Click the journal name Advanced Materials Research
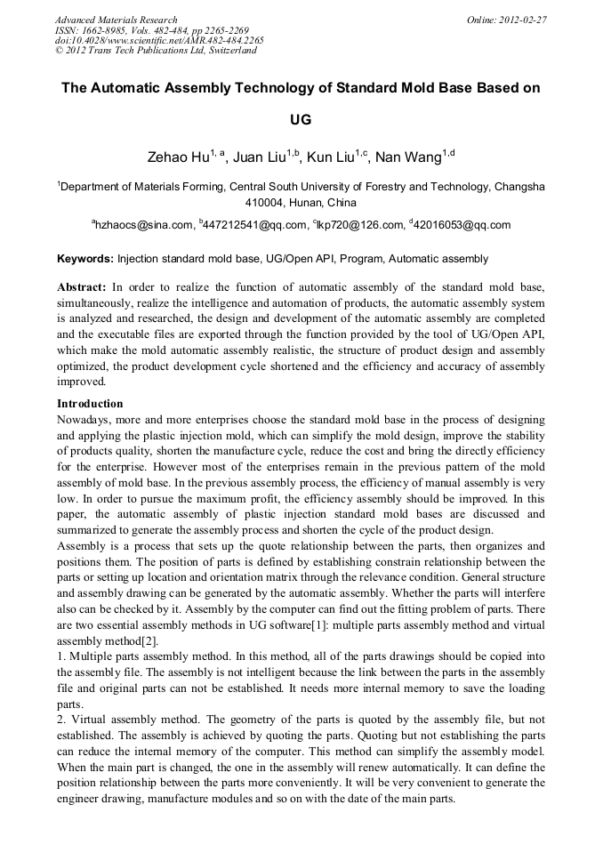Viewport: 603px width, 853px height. tap(116, 20)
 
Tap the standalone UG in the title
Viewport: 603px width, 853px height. tap(301, 118)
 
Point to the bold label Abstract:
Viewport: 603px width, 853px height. tap(82, 287)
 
